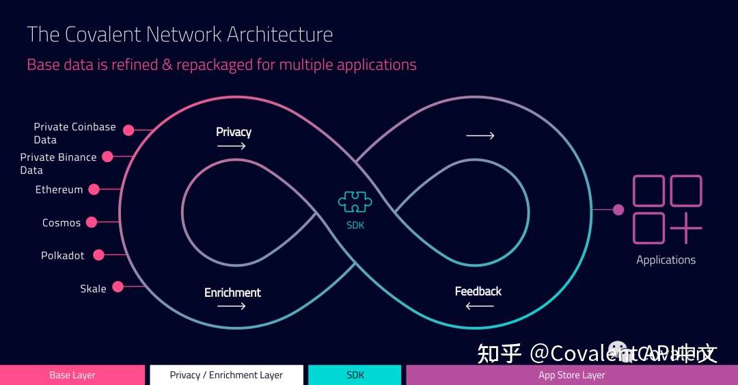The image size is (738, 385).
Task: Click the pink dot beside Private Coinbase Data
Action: (128, 128)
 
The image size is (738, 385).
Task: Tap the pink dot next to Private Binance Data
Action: (107, 157)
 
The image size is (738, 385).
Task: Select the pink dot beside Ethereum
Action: (94, 189)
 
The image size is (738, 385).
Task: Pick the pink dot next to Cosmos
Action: (92, 222)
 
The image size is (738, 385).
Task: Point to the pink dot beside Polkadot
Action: (98, 255)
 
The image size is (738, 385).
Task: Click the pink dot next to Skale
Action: (118, 287)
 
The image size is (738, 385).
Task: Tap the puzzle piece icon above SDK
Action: (355, 202)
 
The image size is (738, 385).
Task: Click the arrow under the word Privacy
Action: (232, 146)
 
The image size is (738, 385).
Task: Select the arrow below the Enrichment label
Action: (232, 306)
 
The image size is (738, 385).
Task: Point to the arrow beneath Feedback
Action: (479, 306)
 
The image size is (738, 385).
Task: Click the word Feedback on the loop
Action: (478, 291)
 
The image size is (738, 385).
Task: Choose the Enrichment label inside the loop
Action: (232, 293)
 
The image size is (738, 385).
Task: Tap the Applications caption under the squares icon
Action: (666, 260)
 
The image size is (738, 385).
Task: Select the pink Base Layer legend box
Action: (72, 375)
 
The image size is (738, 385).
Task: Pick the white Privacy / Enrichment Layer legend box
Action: (225, 375)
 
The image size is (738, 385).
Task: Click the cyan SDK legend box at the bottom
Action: (355, 375)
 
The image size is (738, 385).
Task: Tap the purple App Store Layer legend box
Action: (571, 375)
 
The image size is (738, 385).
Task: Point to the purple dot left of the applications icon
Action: (618, 209)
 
